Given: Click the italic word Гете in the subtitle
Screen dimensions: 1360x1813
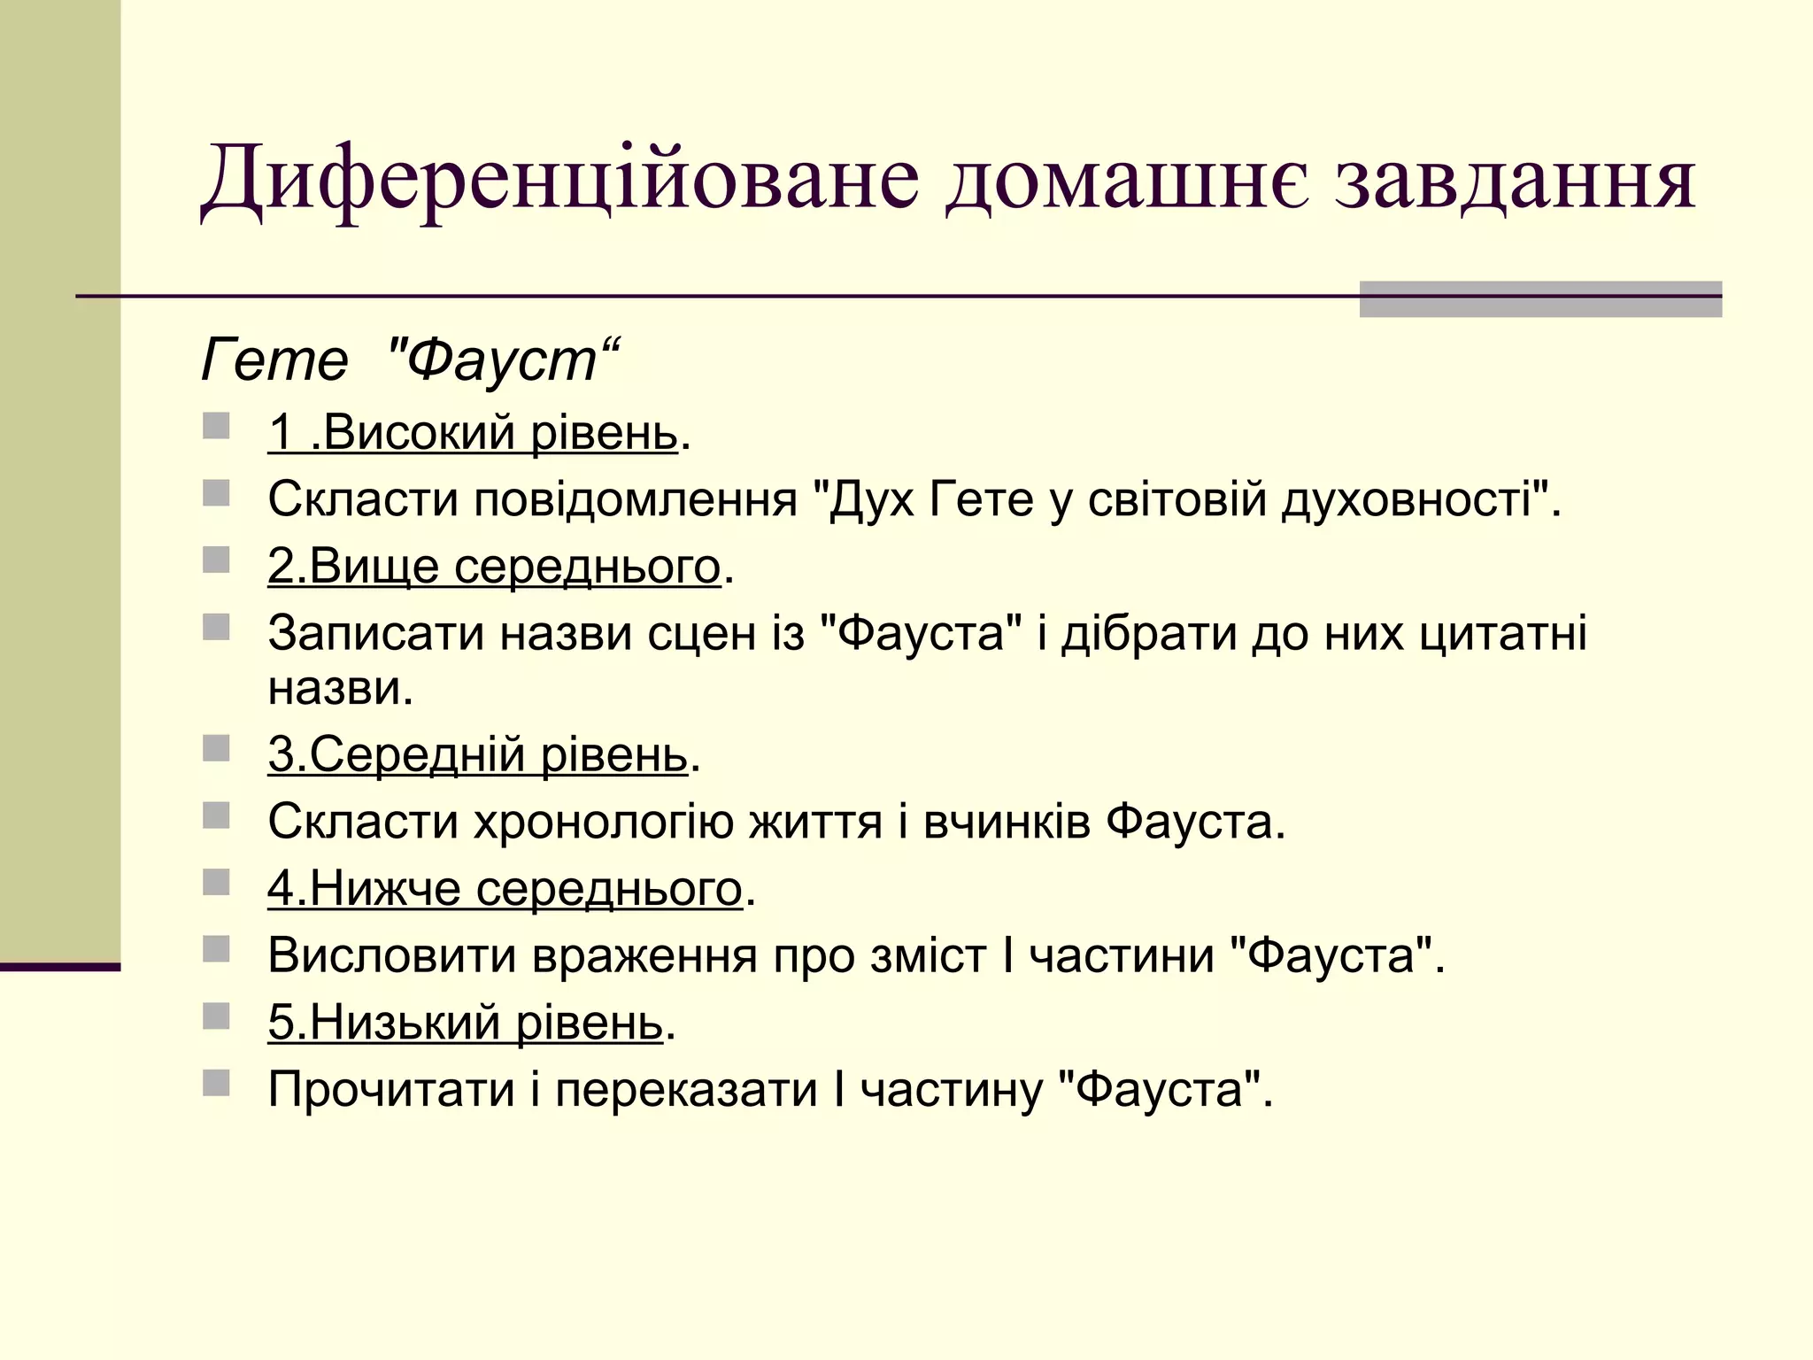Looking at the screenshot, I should [274, 360].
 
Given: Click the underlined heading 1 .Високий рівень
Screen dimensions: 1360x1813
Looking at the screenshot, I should [473, 433].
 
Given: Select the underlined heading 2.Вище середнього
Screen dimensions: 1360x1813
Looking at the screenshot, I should [494, 566].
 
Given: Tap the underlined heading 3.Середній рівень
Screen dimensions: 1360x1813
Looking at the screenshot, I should [478, 754].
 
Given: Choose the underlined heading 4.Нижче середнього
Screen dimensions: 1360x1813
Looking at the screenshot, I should [505, 888].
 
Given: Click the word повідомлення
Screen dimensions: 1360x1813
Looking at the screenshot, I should [636, 499].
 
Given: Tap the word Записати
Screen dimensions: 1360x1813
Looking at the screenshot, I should [376, 634].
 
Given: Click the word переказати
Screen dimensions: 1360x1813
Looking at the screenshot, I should [686, 1089].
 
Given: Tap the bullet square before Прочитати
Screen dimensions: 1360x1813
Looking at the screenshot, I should [216, 1083].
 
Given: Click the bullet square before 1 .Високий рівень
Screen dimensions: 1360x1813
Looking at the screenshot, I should [216, 427].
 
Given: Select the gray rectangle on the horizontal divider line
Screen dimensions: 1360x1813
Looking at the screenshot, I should [1540, 298].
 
